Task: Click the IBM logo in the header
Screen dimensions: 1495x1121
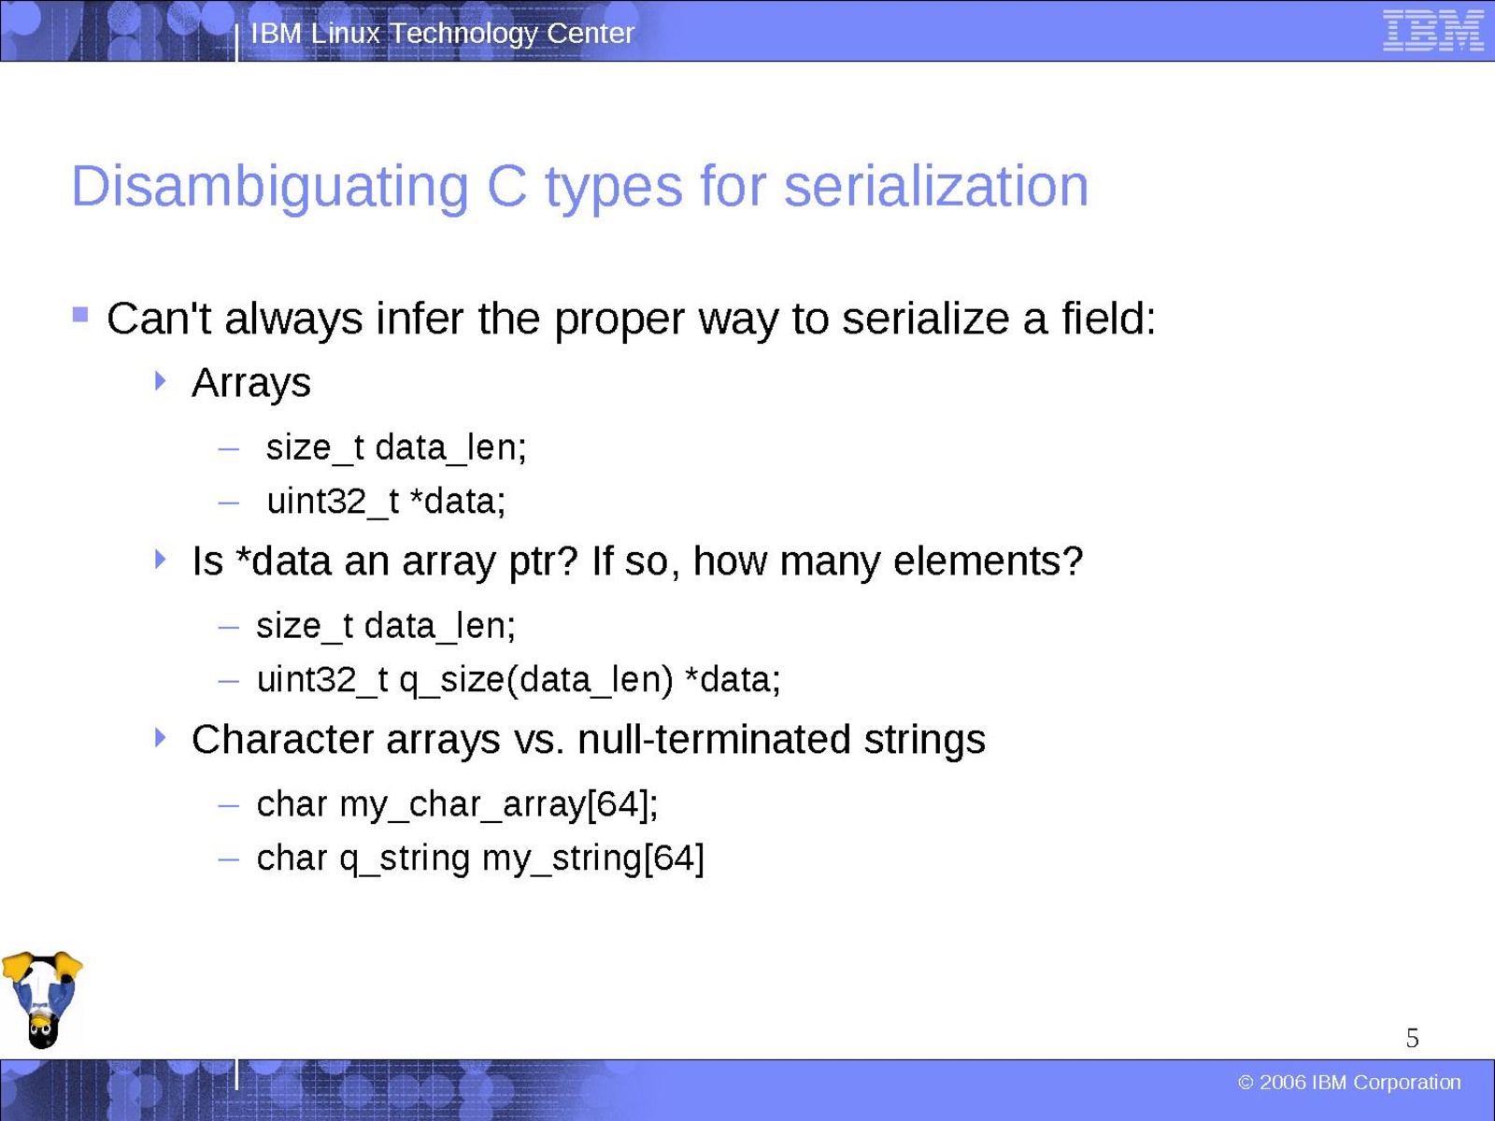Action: click(x=1433, y=31)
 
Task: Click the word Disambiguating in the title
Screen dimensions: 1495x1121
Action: click(x=270, y=188)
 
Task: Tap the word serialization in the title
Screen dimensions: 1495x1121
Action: click(x=936, y=186)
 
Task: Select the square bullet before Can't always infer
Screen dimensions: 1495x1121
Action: click(x=80, y=315)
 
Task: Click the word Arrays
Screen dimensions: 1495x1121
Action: click(x=251, y=384)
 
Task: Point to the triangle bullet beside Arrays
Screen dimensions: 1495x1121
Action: click(x=160, y=380)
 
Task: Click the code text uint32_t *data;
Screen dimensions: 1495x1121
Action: click(x=386, y=503)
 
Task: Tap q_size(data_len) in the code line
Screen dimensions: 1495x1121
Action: click(x=536, y=681)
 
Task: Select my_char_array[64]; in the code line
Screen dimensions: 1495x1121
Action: click(x=499, y=806)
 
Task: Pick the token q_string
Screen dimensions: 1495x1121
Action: click(x=405, y=859)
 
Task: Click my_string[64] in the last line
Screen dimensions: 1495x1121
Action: click(x=593, y=859)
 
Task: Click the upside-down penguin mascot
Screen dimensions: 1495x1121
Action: click(x=42, y=1000)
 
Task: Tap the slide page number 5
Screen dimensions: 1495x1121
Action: click(x=1413, y=1038)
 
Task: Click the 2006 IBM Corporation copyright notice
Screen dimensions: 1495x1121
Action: click(x=1349, y=1082)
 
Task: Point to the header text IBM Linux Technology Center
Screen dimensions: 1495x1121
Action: click(x=443, y=33)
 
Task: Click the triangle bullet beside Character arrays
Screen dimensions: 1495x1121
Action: click(x=160, y=737)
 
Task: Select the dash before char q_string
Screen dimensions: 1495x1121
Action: click(x=229, y=859)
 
